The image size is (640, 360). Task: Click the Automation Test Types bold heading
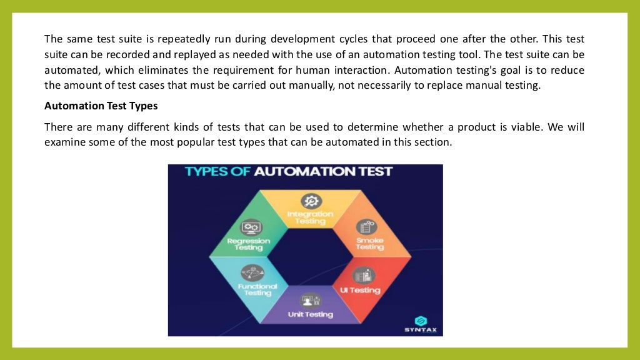[101, 106]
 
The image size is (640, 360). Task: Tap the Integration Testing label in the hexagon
[311, 217]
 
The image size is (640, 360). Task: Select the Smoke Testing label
[369, 243]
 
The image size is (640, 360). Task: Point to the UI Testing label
[361, 290]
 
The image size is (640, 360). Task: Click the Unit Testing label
[310, 314]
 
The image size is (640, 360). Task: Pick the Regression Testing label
[249, 244]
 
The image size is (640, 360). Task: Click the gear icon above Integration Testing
[311, 201]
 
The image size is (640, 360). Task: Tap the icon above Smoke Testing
[367, 227]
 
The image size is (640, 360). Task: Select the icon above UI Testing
[362, 274]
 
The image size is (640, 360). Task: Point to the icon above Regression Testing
[252, 227]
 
